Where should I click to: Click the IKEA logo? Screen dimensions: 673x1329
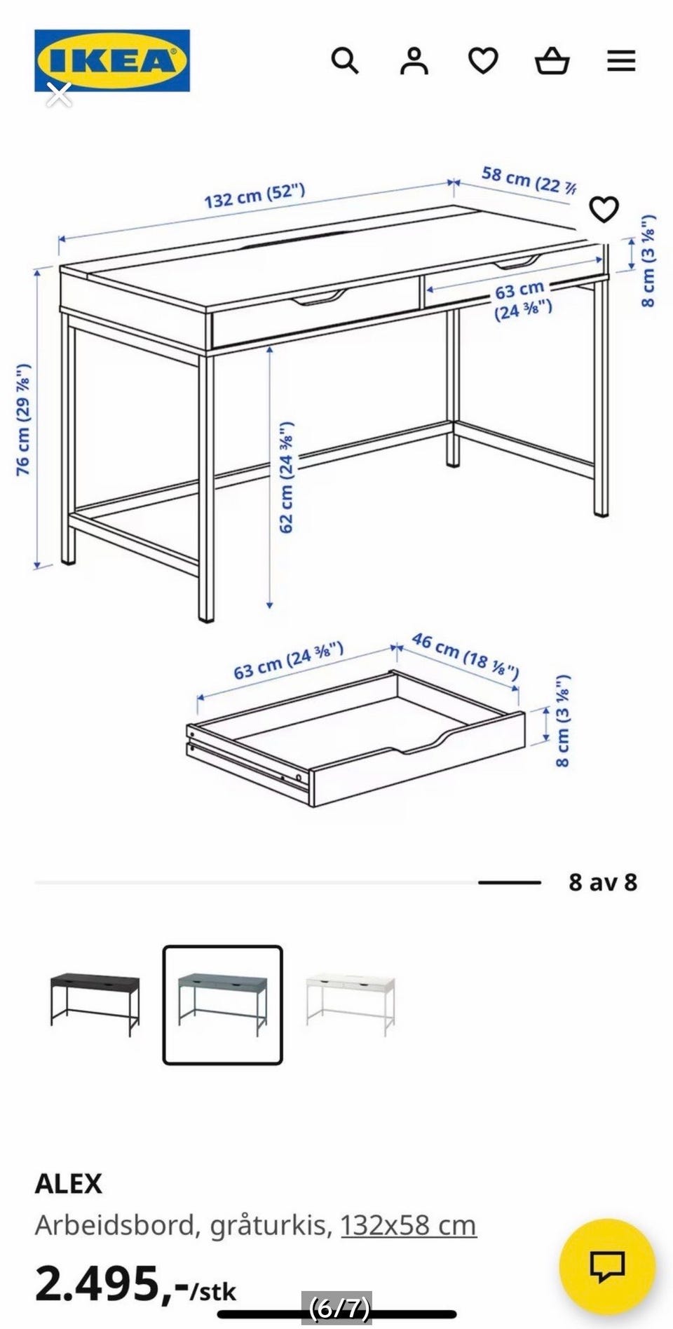click(x=112, y=60)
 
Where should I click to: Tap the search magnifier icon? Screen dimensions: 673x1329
click(x=344, y=61)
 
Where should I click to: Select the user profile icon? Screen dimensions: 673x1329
click(x=414, y=61)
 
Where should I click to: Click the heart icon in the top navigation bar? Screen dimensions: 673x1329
click(x=483, y=61)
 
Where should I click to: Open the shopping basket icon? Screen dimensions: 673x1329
click(x=552, y=61)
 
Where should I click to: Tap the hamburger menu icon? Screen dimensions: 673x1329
click(x=621, y=61)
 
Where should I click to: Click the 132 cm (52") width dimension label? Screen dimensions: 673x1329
click(x=254, y=195)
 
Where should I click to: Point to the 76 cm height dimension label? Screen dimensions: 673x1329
click(x=23, y=419)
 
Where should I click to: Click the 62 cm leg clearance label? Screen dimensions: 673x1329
click(x=287, y=478)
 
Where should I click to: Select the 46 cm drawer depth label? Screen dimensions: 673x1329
click(x=465, y=656)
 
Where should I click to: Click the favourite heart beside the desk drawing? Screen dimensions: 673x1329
click(x=604, y=209)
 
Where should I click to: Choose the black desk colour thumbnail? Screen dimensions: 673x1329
click(x=95, y=1004)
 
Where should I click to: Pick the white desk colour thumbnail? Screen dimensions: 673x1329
click(x=351, y=1004)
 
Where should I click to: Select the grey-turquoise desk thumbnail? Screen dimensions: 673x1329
click(x=223, y=1005)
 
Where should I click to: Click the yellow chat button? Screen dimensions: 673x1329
click(x=607, y=1267)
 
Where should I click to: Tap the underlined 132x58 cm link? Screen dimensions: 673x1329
click(x=409, y=1225)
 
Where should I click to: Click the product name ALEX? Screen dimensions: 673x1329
click(x=69, y=1184)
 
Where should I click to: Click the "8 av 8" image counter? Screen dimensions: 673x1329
click(x=603, y=882)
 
